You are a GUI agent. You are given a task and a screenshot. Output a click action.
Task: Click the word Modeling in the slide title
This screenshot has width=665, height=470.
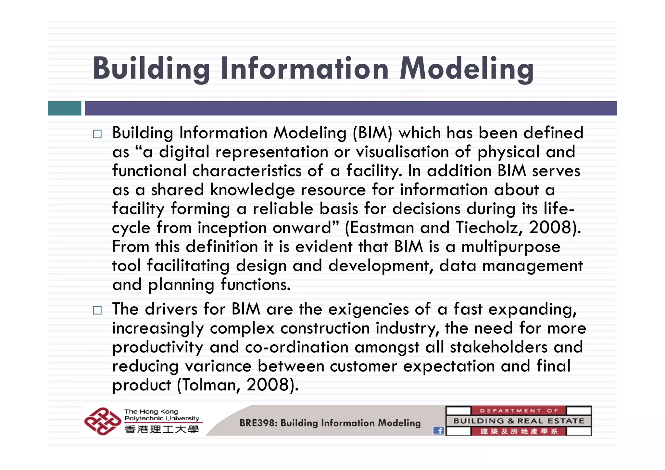pos(466,69)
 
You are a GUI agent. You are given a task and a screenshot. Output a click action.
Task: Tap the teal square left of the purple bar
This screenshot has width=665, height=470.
pos(65,108)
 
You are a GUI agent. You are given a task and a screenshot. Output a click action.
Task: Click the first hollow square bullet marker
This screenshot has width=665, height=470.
pos(97,134)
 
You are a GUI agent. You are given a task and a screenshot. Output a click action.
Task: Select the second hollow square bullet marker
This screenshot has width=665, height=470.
pos(97,310)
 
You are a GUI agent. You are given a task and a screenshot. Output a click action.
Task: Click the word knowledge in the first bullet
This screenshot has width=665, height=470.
pos(252,190)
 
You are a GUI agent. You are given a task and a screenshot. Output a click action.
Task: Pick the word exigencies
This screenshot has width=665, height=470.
pos(368,309)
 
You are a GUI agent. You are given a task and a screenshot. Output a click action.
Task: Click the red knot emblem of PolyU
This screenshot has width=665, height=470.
pos(102,421)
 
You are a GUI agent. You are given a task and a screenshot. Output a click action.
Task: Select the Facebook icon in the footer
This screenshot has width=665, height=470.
pos(439,431)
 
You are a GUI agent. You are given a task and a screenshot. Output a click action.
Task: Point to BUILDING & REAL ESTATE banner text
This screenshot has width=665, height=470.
pos(519,421)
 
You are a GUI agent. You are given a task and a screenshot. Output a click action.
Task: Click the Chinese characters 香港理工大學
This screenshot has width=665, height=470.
pos(162,429)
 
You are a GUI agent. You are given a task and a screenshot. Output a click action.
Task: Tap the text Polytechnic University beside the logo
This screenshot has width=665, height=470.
pos(162,418)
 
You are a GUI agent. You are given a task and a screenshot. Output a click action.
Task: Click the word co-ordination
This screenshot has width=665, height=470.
pos(297,347)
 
